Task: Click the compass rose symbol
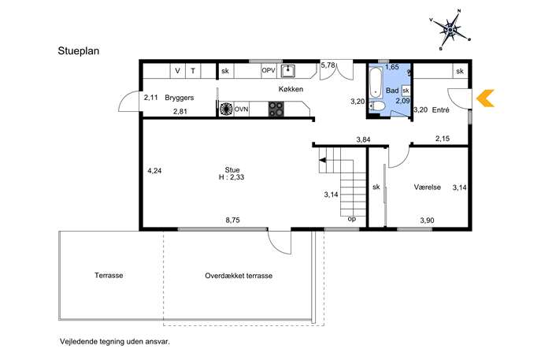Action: tap(450, 30)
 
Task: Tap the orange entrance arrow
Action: tap(485, 98)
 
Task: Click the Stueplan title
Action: tap(79, 50)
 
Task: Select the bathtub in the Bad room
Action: tap(376, 83)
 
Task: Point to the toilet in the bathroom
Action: tap(376, 106)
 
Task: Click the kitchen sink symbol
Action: tap(287, 71)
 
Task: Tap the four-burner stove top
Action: tap(276, 109)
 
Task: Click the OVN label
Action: tap(241, 109)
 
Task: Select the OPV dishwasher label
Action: tap(269, 70)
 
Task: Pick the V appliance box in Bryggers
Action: tap(178, 71)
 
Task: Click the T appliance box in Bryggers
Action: tap(193, 71)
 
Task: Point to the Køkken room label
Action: tap(291, 89)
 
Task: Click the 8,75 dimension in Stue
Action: tap(232, 220)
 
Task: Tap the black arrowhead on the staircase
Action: tap(323, 160)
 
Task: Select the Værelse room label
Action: tap(427, 187)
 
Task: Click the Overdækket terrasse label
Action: tap(239, 276)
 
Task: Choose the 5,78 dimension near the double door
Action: tap(328, 65)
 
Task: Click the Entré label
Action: tap(441, 109)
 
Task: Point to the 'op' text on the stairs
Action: tap(351, 219)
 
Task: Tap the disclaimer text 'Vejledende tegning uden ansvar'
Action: tap(115, 342)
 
